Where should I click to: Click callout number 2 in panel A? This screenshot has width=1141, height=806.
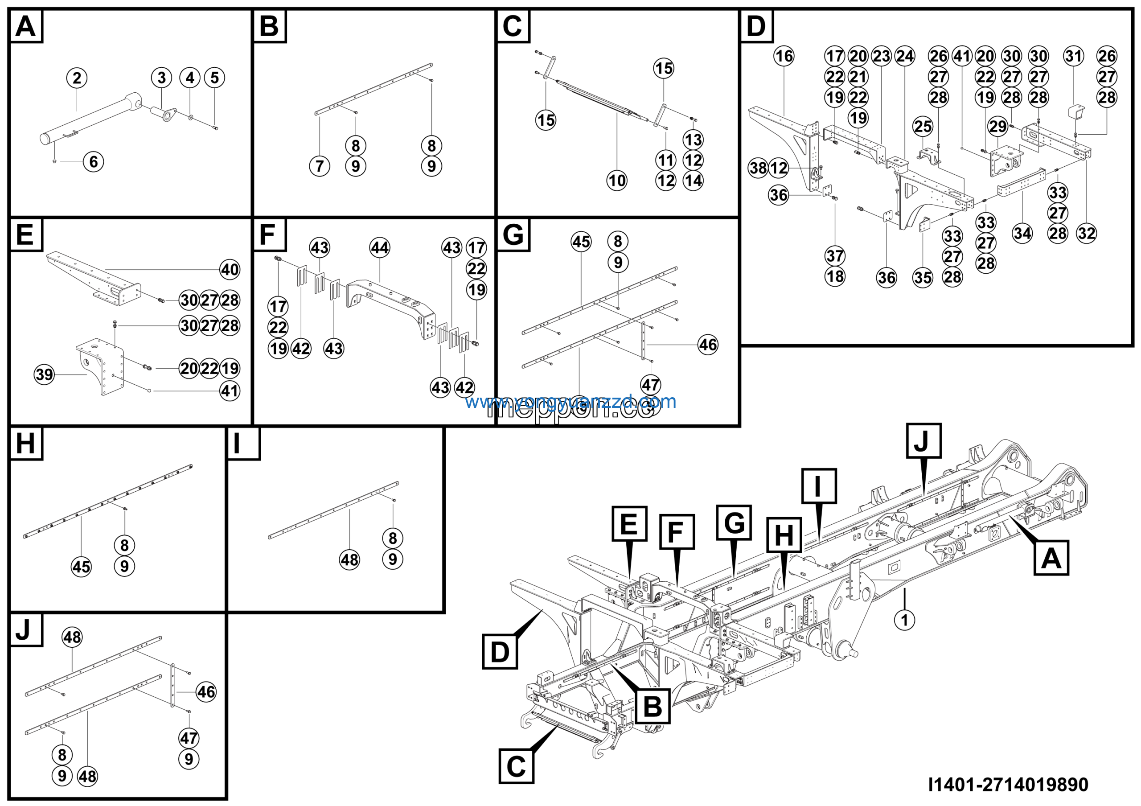coord(77,78)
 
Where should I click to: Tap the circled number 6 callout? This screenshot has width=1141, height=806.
coord(94,161)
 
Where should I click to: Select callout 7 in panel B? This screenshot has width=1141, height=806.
coord(320,166)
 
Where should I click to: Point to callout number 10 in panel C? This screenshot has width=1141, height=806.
coord(617,181)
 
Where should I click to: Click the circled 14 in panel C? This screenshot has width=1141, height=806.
coord(693,181)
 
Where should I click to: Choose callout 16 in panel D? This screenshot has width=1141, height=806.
coord(784,56)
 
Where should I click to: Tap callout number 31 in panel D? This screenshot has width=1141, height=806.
coord(1073,56)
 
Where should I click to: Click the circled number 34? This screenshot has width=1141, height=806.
coord(1022,233)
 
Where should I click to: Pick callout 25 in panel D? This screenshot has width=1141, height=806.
coord(923,126)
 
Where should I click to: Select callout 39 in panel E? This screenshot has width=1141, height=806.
coord(44,374)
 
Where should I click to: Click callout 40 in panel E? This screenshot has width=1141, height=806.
coord(230,270)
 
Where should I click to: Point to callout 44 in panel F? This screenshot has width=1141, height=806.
coord(380,247)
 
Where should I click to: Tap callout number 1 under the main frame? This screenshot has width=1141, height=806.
coord(904,620)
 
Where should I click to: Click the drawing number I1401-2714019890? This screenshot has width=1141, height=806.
coord(1008,785)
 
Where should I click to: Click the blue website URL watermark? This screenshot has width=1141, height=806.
coord(570,402)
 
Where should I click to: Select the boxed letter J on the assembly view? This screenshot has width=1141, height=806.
coord(924,440)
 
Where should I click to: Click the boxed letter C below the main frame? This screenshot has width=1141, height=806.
coord(516,766)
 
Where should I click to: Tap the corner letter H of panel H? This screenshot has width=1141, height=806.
coord(25,443)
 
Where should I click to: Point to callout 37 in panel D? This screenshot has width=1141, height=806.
coord(835,256)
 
